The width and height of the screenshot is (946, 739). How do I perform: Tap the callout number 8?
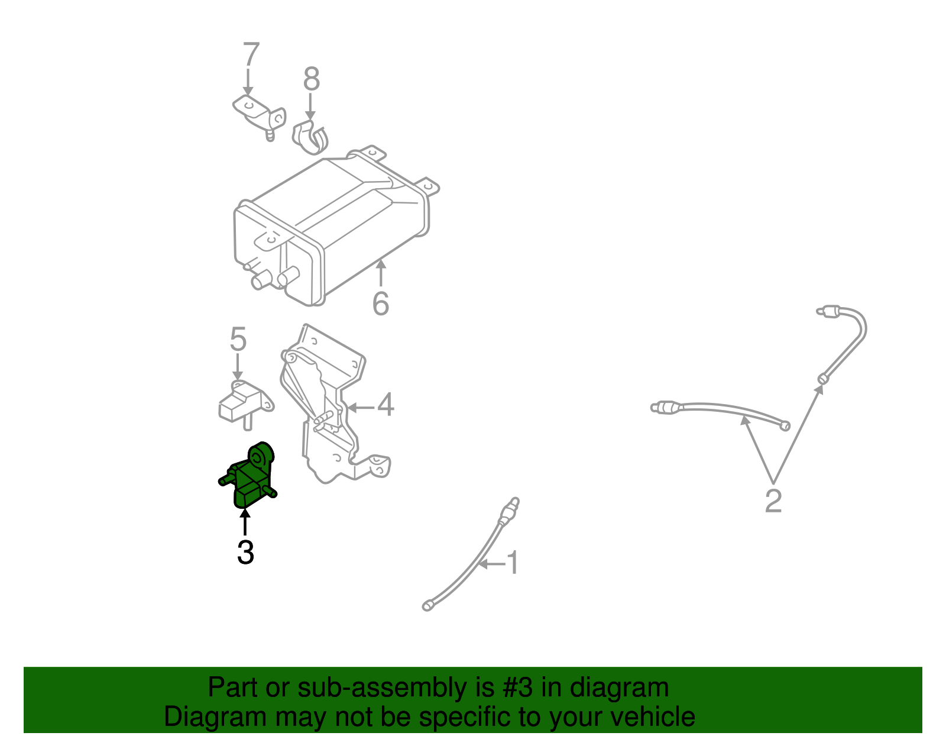pyautogui.click(x=311, y=79)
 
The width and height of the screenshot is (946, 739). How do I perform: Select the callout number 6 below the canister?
pyautogui.click(x=381, y=304)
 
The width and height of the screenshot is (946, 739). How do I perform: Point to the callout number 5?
pyautogui.click(x=238, y=339)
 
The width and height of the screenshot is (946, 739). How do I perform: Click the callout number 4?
pyautogui.click(x=385, y=405)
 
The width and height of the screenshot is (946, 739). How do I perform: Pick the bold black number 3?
pyautogui.click(x=245, y=552)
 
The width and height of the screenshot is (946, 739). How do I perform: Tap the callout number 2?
pyautogui.click(x=773, y=501)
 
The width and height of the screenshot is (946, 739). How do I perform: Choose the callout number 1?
pyautogui.click(x=514, y=561)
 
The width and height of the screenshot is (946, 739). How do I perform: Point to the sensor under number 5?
pyautogui.click(x=245, y=404)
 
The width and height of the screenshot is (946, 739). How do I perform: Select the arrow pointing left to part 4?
pyautogui.click(x=361, y=408)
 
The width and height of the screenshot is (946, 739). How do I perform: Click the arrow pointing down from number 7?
pyautogui.click(x=248, y=82)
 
